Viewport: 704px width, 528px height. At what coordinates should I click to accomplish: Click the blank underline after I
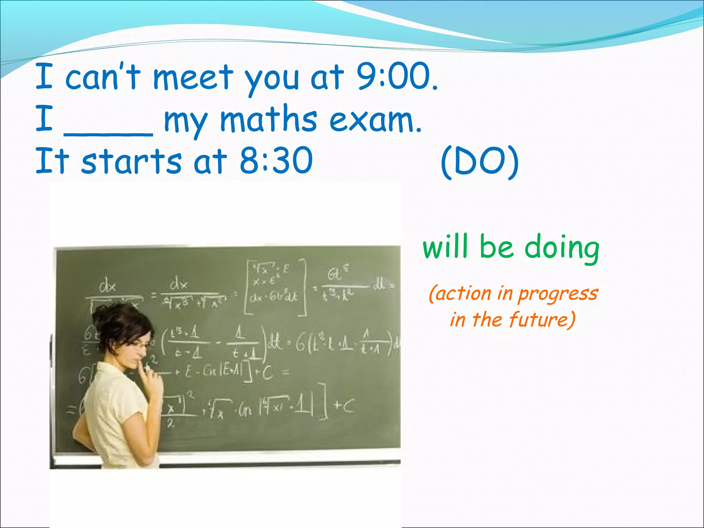[109, 134]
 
